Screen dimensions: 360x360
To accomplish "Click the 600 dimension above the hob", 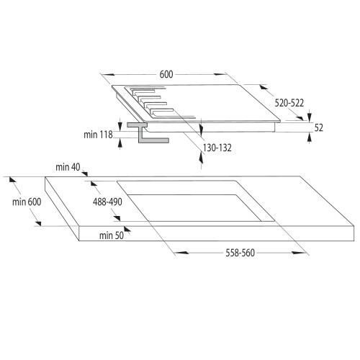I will coord(164,73).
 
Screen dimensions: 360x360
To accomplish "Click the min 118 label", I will coord(98,133).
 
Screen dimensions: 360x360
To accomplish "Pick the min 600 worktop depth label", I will coord(27,202).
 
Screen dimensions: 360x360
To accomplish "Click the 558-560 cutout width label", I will coord(239,253).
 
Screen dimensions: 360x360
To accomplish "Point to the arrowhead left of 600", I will coord(105,73).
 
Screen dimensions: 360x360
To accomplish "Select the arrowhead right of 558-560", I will coord(297,253).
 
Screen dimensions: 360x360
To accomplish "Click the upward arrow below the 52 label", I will coord(310,140).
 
